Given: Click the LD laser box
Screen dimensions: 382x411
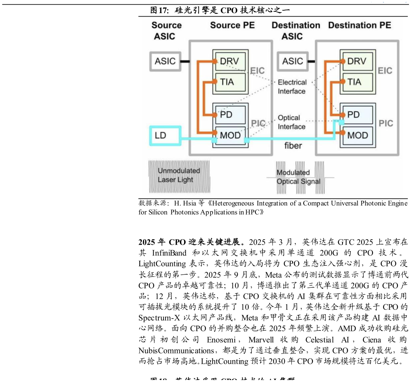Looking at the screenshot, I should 165,135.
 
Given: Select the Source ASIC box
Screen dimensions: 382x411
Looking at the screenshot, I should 166,61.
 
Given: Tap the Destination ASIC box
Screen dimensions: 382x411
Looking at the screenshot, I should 293,61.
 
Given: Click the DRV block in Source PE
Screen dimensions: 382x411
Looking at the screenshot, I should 230,61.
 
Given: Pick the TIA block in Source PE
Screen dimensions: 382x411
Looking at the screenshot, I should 230,82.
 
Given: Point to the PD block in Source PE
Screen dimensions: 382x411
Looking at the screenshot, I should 230,115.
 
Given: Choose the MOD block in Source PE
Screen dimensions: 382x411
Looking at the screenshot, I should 230,136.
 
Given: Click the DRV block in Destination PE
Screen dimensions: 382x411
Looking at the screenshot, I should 357,61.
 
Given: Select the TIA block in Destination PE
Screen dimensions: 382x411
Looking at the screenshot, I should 357,82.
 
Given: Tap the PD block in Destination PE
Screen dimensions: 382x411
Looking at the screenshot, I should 357,115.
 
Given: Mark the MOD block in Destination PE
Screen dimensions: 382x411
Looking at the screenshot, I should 357,136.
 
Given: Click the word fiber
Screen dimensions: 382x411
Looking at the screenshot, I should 293,146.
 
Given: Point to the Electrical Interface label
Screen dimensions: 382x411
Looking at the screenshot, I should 292,87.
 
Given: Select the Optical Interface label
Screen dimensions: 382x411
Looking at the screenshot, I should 291,122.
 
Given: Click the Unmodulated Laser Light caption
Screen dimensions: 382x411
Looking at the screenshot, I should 179,175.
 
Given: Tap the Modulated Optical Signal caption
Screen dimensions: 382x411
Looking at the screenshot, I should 298,177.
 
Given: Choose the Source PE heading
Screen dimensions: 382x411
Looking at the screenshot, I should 232,25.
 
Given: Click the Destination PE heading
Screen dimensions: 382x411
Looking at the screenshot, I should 360,25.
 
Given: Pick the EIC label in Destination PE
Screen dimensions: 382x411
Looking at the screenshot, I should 385,71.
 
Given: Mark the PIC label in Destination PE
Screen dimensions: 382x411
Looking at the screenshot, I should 386,123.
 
